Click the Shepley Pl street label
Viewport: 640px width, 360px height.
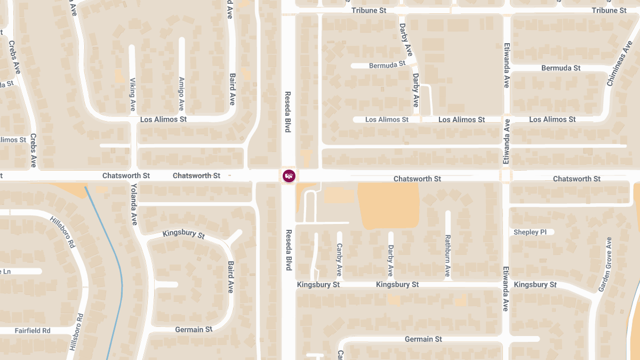530,232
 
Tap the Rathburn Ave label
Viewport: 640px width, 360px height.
448,257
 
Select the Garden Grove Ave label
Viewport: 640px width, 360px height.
605,265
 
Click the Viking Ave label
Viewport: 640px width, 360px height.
133,94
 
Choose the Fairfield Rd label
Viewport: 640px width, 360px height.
33,331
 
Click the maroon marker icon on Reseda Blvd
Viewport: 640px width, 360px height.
289,175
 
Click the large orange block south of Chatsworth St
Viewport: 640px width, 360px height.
388,205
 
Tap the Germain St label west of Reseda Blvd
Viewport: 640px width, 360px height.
194,330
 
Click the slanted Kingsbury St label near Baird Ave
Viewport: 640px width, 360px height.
183,234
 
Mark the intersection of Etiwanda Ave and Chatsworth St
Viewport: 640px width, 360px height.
506,175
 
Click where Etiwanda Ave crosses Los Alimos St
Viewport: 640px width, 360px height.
506,119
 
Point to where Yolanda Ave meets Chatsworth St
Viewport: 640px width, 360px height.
133,175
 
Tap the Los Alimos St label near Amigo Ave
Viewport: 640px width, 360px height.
163,119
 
